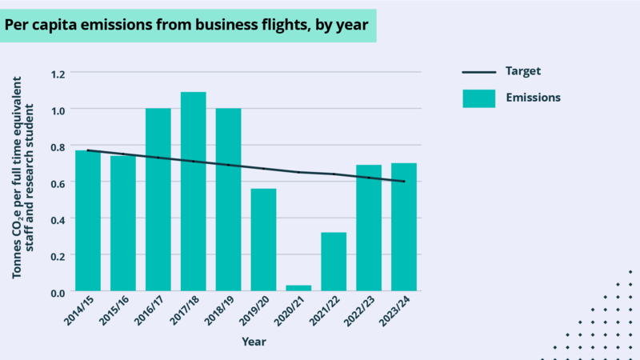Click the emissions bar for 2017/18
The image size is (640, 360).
[193, 192]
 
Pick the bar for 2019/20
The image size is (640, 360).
[263, 240]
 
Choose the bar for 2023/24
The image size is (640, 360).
[404, 227]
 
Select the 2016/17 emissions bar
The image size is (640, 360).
[158, 200]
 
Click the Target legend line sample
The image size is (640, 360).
[478, 72]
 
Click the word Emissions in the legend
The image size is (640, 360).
[532, 98]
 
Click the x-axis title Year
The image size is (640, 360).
[254, 342]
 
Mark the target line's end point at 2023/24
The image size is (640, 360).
[404, 182]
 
